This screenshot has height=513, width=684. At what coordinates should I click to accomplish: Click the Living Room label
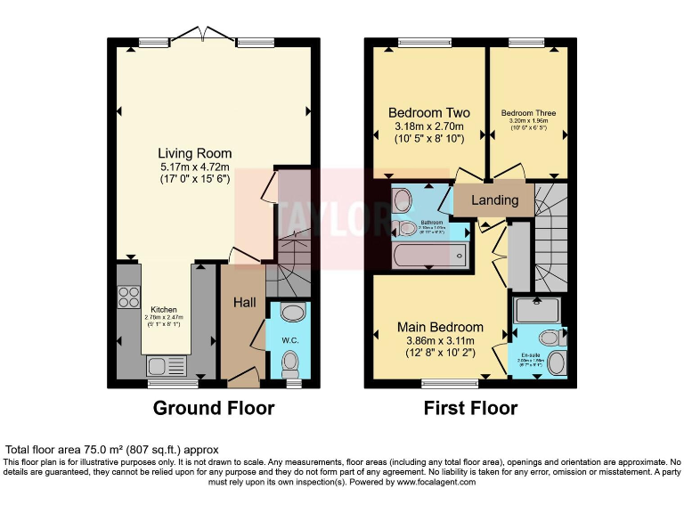[195, 152]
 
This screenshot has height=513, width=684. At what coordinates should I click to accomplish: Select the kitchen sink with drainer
[167, 365]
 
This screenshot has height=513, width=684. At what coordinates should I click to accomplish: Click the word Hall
[244, 303]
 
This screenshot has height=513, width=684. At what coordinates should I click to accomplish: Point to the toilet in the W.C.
[289, 362]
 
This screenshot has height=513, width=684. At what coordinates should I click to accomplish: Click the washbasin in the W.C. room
[291, 312]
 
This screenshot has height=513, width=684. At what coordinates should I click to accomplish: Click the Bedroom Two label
[429, 113]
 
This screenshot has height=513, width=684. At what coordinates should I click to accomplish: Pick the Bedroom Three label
[528, 113]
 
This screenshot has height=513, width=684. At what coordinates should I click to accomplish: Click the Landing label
[494, 199]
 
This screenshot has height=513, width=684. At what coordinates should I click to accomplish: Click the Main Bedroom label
[440, 327]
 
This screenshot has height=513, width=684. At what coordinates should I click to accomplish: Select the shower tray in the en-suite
[537, 309]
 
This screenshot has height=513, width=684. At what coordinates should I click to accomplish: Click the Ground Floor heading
[214, 409]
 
